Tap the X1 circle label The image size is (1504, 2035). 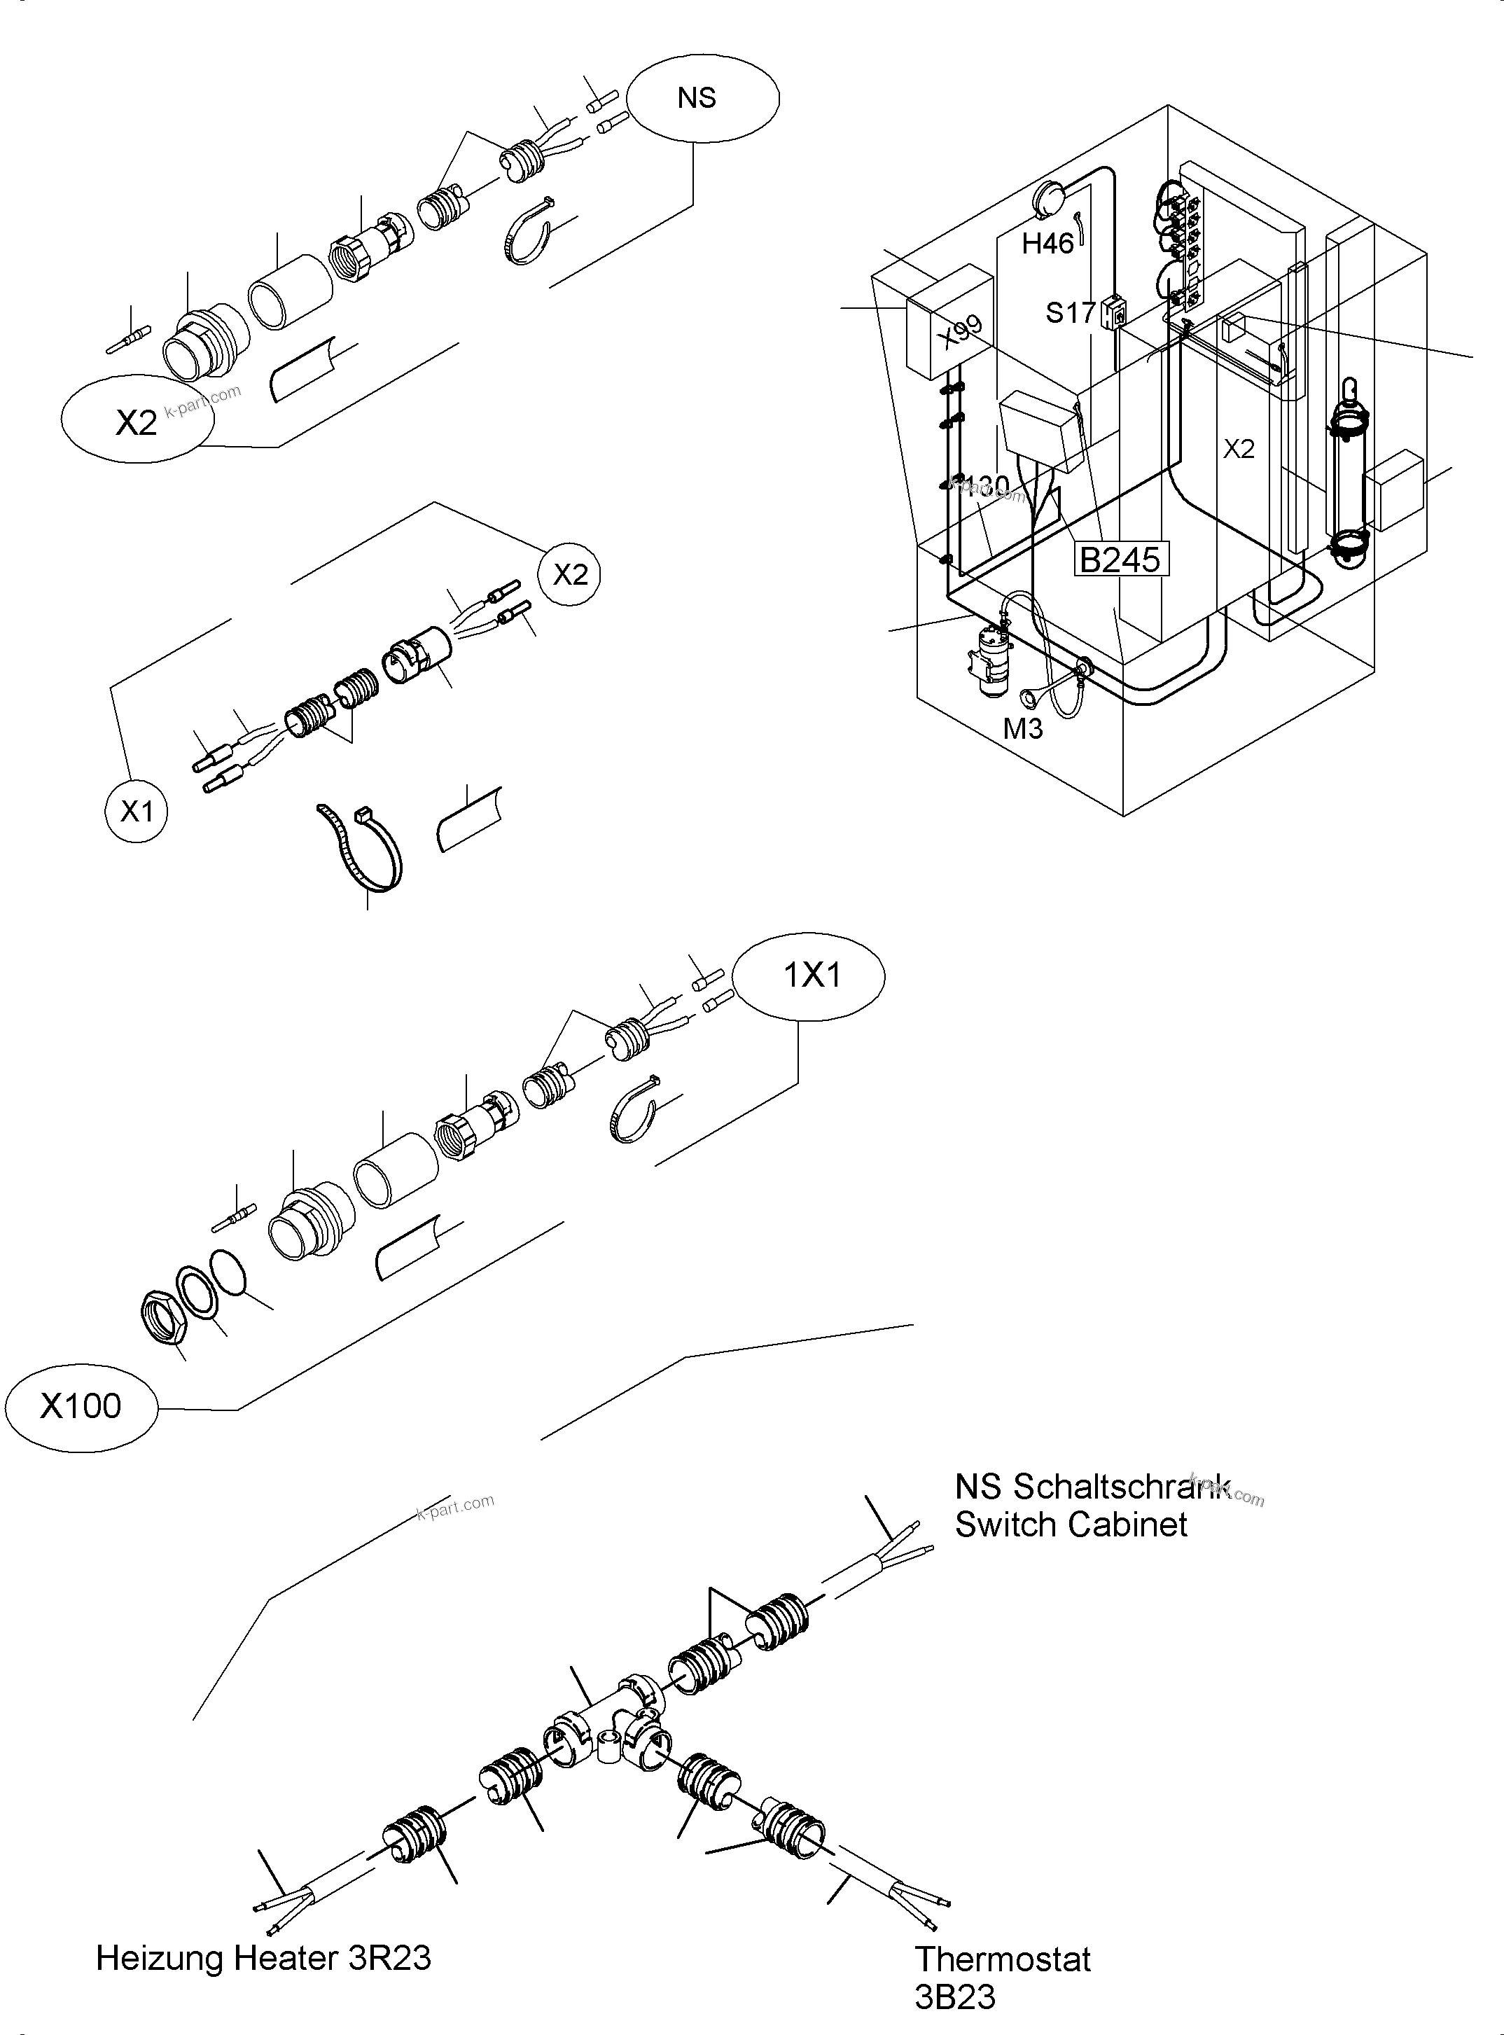tap(137, 810)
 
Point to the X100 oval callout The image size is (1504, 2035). tap(81, 1406)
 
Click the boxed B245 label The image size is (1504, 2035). tap(1120, 559)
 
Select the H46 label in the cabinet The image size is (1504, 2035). tap(1047, 243)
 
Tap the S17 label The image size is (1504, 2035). tap(1071, 313)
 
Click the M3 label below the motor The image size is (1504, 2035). tap(1022, 728)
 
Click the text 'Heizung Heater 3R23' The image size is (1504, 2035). tap(263, 1957)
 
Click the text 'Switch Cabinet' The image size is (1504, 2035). tap(1071, 1524)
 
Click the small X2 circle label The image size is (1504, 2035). tap(571, 574)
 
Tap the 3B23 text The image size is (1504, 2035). tap(955, 1998)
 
